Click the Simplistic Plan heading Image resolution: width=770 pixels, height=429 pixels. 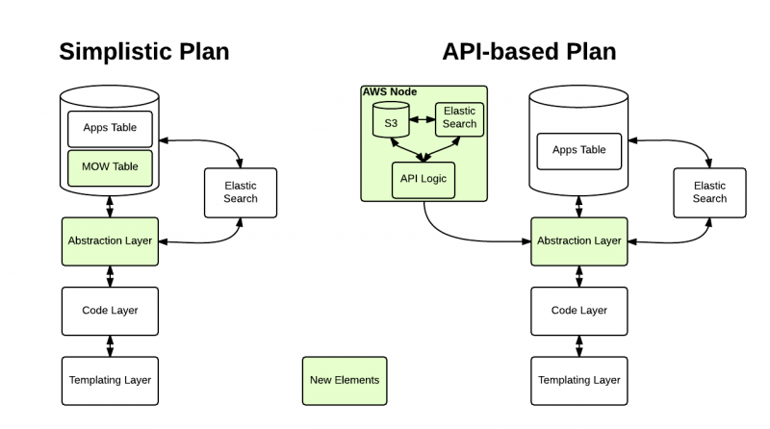coord(143,52)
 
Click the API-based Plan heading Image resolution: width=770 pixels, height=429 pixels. coord(528,52)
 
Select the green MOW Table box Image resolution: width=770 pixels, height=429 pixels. coord(110,168)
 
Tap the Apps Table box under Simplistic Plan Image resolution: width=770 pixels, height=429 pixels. coord(110,129)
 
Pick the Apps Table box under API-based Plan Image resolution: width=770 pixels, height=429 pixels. coord(579,151)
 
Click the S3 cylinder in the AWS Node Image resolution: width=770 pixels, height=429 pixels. coord(391,119)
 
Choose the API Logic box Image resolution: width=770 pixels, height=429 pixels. coord(423,180)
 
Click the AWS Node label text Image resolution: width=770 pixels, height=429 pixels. coord(390,91)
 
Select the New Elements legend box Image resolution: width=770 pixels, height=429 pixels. coord(345,381)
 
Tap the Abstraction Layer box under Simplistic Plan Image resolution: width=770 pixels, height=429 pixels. coord(110,241)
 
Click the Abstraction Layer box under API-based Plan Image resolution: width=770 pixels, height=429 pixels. coord(579,241)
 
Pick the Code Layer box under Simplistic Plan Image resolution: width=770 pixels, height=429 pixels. coord(110,312)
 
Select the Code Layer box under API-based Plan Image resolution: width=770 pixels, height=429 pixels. coord(579,312)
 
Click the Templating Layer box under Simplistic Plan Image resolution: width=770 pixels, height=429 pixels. coord(110,381)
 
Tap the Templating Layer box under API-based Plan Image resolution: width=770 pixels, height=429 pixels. coord(579,381)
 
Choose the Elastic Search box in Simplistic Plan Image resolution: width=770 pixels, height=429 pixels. coord(241,193)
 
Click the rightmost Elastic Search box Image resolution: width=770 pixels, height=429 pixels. coord(709,193)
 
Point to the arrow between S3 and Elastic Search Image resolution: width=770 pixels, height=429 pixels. coord(423,119)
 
